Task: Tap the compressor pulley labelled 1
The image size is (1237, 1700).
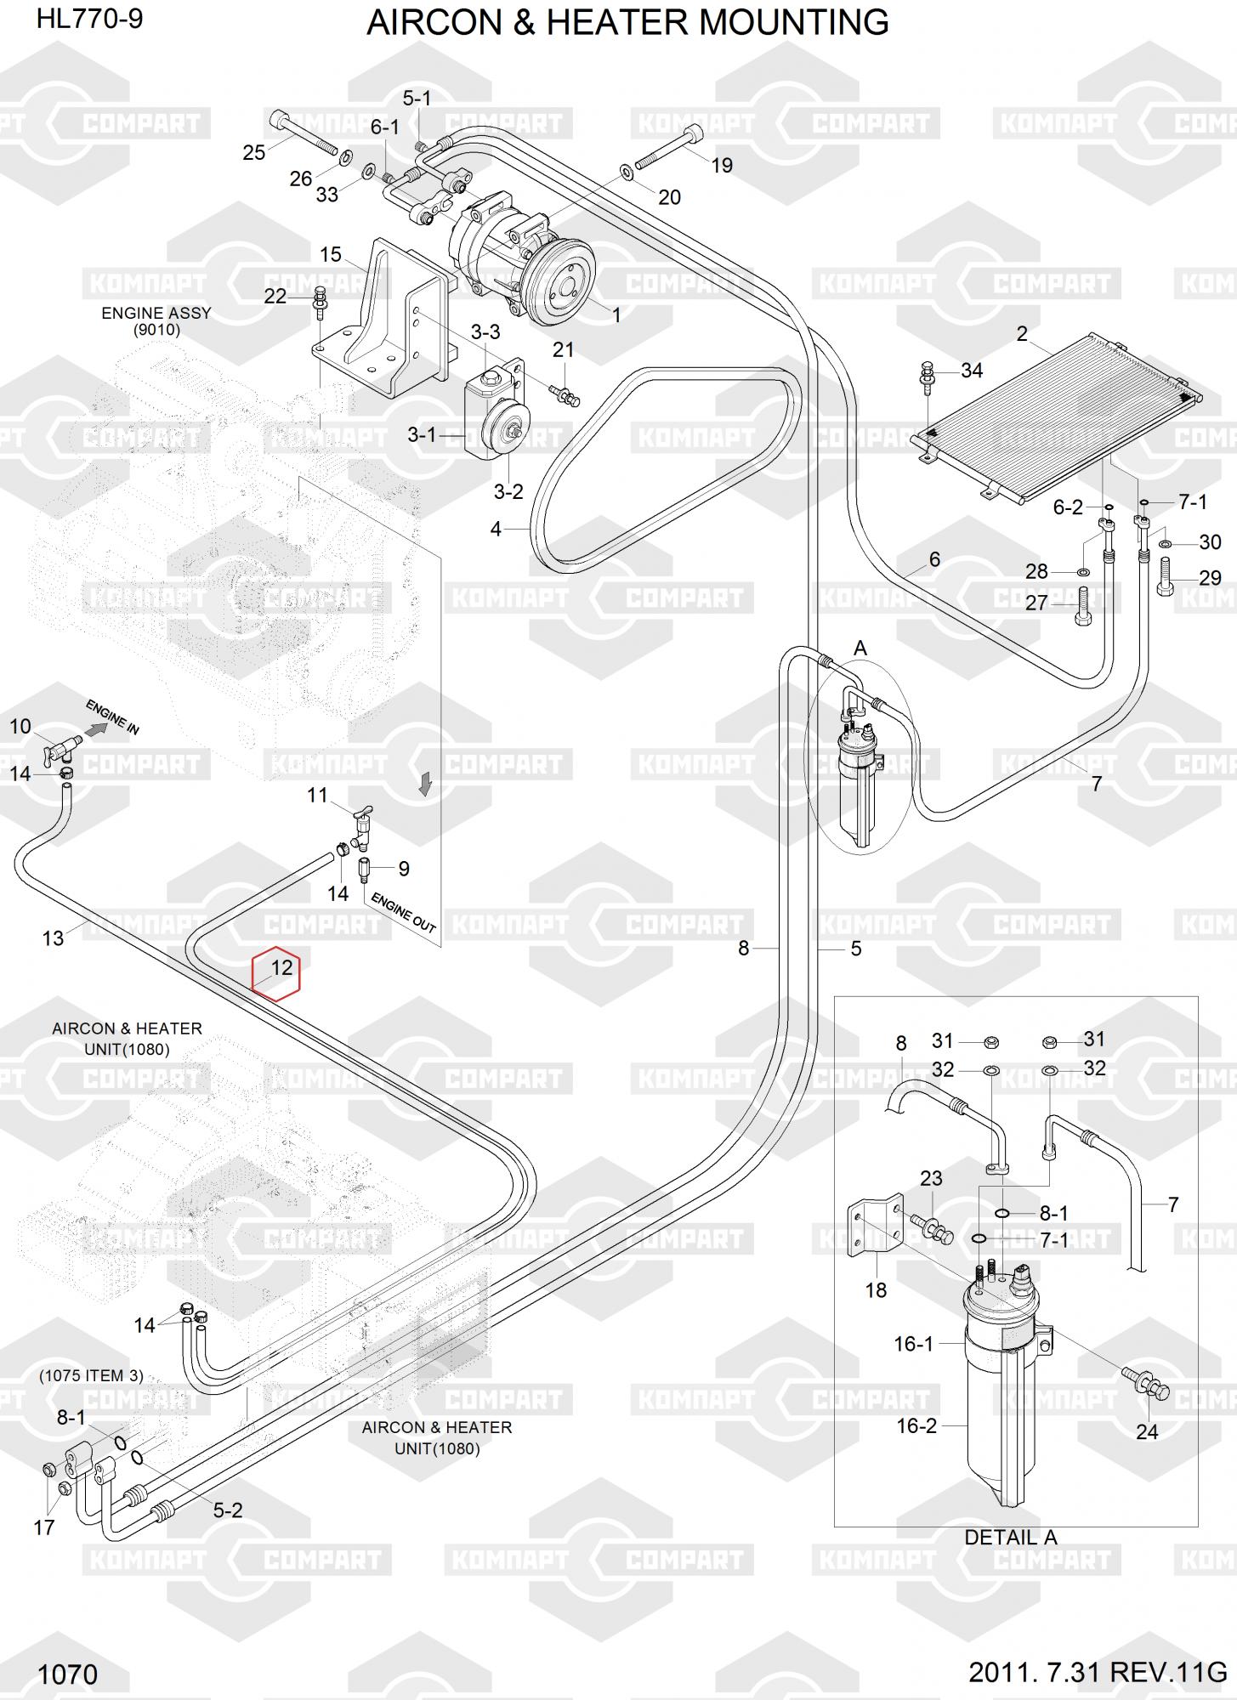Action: coord(557,283)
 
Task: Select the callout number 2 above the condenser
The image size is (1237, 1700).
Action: coord(1022,334)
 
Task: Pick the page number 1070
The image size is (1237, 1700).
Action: coord(68,1674)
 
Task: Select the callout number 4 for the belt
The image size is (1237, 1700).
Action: coord(496,529)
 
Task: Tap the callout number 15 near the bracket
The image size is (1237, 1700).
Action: coord(331,254)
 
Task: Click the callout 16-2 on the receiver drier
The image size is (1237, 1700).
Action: coord(916,1425)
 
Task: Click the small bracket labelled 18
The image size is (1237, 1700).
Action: coord(876,1228)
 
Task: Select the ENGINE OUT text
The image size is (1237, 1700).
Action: coord(404,913)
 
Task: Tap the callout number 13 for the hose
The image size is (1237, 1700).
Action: coord(53,938)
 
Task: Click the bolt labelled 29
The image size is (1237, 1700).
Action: coord(1165,575)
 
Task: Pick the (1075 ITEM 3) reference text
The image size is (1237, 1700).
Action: coord(91,1375)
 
